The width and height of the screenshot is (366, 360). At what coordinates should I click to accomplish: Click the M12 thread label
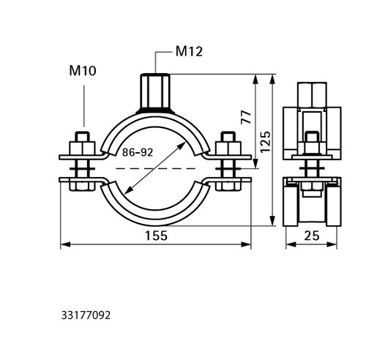pos(189,52)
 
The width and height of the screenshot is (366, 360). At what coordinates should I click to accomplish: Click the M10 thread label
pos(83,71)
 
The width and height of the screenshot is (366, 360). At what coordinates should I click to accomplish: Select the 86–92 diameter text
pos(138,152)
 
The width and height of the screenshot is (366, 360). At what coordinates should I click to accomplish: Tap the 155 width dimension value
pos(156,236)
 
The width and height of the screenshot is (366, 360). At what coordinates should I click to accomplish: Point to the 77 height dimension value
pos(246,117)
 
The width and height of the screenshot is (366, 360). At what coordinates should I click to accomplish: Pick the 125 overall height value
pos(266,142)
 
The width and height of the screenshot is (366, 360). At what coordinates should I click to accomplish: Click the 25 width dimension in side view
pos(312,236)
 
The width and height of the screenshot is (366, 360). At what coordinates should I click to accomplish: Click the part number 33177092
pos(86,315)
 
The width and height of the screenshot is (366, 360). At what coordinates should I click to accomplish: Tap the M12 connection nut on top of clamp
pos(155,92)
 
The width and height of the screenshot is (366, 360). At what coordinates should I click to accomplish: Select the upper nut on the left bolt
pos(82,148)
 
